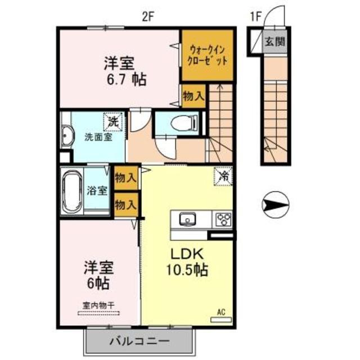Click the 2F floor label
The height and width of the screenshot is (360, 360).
pyautogui.click(x=148, y=16)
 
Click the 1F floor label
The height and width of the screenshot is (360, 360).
pyautogui.click(x=254, y=16)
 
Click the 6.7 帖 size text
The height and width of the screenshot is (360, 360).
pyautogui.click(x=124, y=79)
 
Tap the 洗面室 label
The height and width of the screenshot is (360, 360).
pyautogui.click(x=98, y=137)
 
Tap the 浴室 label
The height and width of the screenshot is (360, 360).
pyautogui.click(x=98, y=190)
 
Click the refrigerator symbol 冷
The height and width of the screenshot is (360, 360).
pyautogui.click(x=223, y=176)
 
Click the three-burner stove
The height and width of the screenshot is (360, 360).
pyautogui.click(x=222, y=218)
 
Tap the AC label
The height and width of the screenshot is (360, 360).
pyautogui.click(x=221, y=311)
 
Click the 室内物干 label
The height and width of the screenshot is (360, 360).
pyautogui.click(x=99, y=305)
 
